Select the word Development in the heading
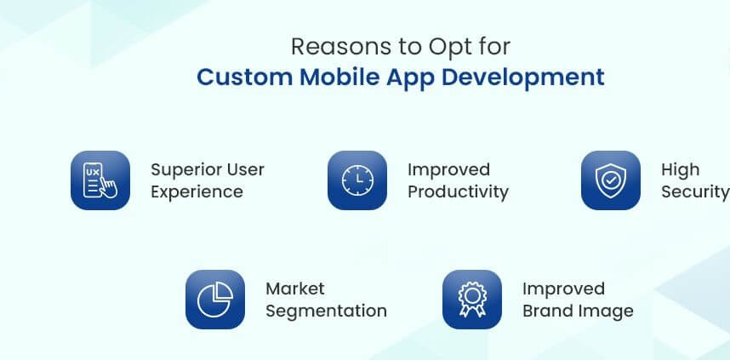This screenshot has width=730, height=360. [x=522, y=78]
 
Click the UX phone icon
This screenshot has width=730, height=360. [x=100, y=180]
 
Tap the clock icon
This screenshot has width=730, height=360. [x=357, y=180]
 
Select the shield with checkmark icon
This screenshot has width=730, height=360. [x=610, y=180]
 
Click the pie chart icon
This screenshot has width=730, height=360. [x=215, y=300]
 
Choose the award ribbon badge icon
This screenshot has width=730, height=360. [x=472, y=300]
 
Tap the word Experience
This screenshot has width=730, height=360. [x=197, y=192]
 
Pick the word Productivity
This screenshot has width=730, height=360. [x=458, y=192]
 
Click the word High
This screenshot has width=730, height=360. [x=680, y=170]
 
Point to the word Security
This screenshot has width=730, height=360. [x=696, y=192]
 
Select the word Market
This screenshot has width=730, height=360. [x=295, y=289]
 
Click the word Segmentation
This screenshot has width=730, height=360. [x=327, y=311]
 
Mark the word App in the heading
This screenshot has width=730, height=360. [x=410, y=78]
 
